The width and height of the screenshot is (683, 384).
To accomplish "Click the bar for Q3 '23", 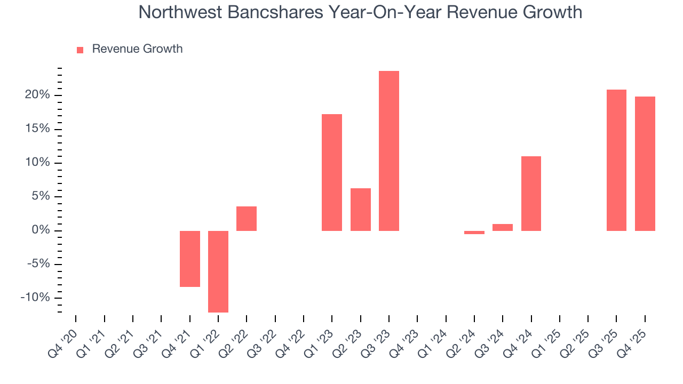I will click(389, 151).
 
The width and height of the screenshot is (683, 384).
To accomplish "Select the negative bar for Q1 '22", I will click(218, 271).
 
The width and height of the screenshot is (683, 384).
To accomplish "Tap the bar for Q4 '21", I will click(190, 259).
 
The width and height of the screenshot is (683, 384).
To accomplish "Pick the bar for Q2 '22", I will click(247, 219).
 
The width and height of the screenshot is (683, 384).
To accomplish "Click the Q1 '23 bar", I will click(332, 172).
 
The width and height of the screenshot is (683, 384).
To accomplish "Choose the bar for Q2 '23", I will click(361, 210).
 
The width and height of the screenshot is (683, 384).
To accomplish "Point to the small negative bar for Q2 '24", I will click(474, 233).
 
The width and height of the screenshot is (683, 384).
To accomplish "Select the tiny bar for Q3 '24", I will click(503, 227).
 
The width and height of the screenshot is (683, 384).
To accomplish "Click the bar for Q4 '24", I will click(531, 194).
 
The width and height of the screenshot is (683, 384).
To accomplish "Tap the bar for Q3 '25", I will click(616, 160).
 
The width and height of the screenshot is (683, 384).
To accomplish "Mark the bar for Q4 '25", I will click(645, 164).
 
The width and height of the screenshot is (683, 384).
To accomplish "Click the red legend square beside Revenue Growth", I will click(80, 50).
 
